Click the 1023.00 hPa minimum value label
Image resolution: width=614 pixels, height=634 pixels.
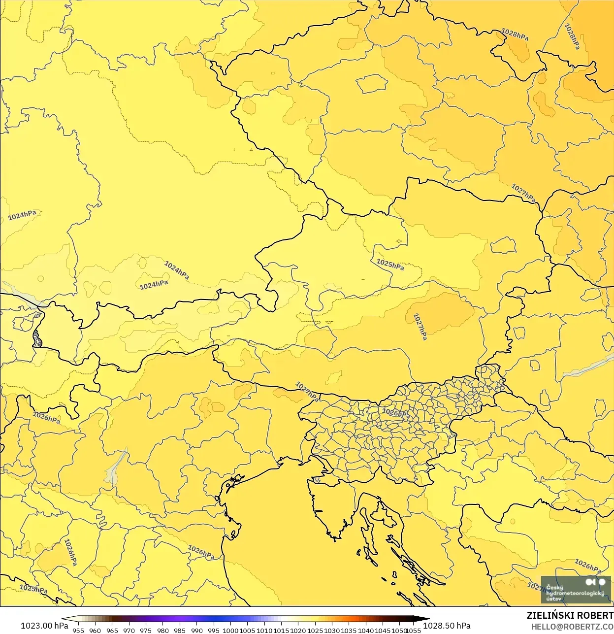coord(44,625)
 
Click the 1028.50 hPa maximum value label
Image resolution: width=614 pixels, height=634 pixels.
coord(447,625)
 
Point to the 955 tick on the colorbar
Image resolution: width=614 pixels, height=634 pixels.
coord(78,630)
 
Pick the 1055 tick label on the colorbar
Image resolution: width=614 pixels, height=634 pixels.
coord(413,630)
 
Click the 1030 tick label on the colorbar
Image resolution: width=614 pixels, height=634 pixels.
coord(332,630)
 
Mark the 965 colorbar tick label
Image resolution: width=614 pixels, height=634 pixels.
coord(112,630)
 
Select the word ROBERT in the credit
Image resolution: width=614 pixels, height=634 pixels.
coord(596,615)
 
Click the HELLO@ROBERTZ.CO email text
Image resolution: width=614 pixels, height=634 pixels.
coord(572,627)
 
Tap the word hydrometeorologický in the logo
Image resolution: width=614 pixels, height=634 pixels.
coord(575,593)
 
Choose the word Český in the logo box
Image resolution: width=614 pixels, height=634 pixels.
coord(554,588)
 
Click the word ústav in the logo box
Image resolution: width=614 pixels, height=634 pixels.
coord(553,599)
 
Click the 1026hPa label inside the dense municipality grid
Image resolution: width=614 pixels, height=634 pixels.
coord(396,413)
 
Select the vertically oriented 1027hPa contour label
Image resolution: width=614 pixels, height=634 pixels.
coord(420,327)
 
